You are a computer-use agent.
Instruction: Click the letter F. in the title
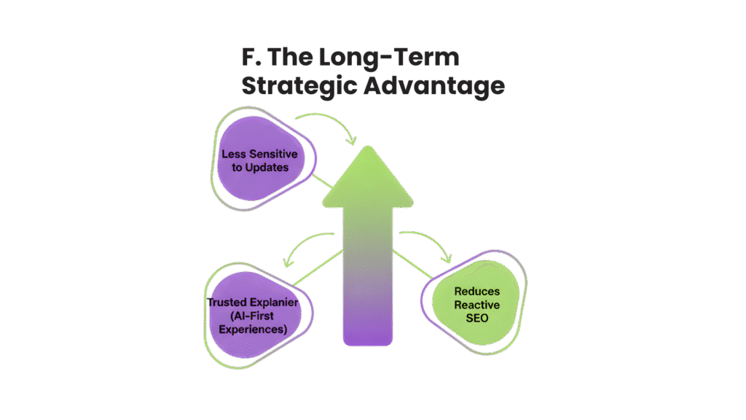(x=252, y=58)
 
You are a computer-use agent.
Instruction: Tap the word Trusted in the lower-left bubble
(x=228, y=303)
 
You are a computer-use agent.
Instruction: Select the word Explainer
(x=275, y=303)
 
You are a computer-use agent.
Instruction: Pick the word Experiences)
(x=251, y=330)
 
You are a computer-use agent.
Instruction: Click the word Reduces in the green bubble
(x=477, y=292)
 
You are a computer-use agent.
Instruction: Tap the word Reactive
(x=477, y=305)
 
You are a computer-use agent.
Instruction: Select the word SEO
(x=477, y=318)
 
